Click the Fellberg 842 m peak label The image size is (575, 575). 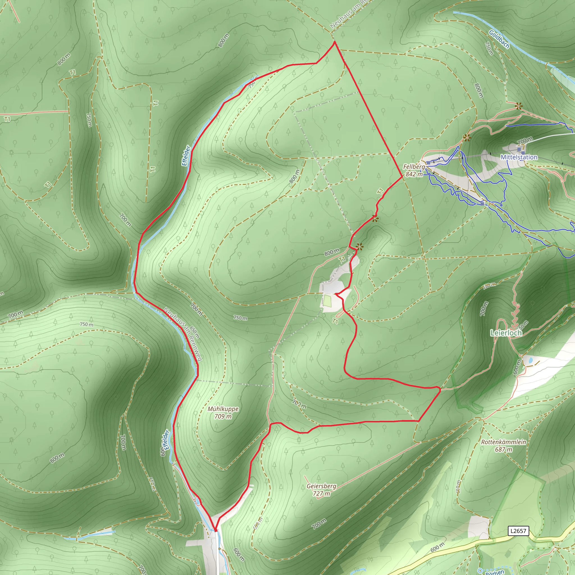click(414, 170)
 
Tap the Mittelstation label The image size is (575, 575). click(519, 157)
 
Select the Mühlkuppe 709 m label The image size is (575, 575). click(223, 412)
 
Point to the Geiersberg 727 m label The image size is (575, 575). click(321, 490)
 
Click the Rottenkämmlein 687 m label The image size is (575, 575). click(504, 446)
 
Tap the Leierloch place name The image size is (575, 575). click(506, 333)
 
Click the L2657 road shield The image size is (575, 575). click(518, 531)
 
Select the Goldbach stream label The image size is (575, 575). click(499, 39)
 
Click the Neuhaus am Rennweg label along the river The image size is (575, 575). click(183, 334)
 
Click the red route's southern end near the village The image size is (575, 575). click(215, 530)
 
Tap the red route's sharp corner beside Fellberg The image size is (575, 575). click(402, 177)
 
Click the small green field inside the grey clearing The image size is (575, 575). click(327, 301)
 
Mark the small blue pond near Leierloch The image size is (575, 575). click(530, 360)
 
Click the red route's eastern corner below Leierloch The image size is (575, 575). click(440, 388)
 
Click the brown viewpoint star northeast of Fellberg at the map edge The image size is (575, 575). click(519, 106)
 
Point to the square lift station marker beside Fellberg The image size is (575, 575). click(428, 163)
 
